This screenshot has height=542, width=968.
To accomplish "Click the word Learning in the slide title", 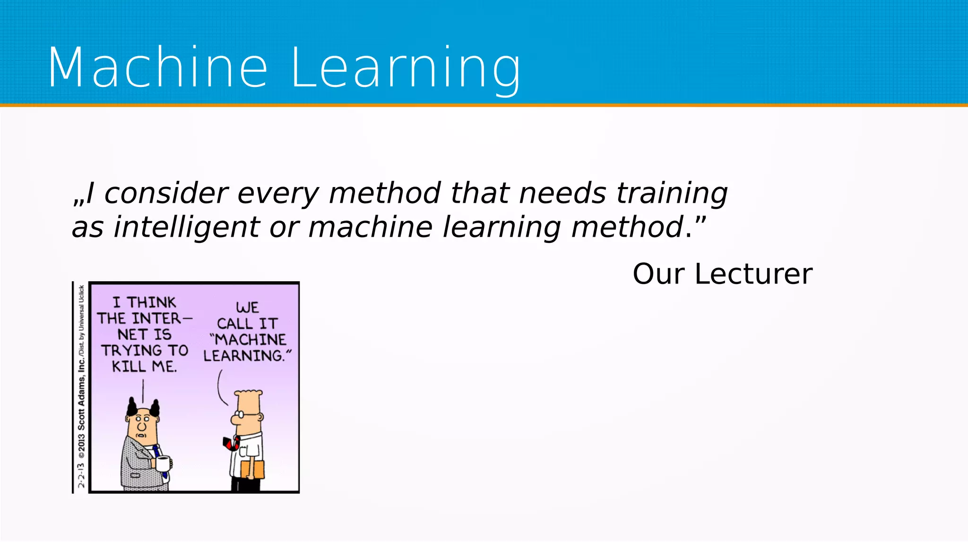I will (x=406, y=67).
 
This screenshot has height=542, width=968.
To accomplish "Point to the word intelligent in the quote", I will (x=186, y=227).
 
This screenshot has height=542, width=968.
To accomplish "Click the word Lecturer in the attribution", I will (x=753, y=274).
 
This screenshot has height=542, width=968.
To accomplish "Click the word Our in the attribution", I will (x=658, y=274).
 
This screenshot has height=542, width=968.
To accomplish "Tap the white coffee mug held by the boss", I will (x=163, y=464).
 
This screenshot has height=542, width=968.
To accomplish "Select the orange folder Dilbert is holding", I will (x=252, y=469).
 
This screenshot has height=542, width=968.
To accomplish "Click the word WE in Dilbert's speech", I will (x=247, y=307).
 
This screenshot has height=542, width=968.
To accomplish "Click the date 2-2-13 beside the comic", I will (x=81, y=475).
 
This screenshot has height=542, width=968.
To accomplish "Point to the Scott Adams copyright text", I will (x=81, y=402).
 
